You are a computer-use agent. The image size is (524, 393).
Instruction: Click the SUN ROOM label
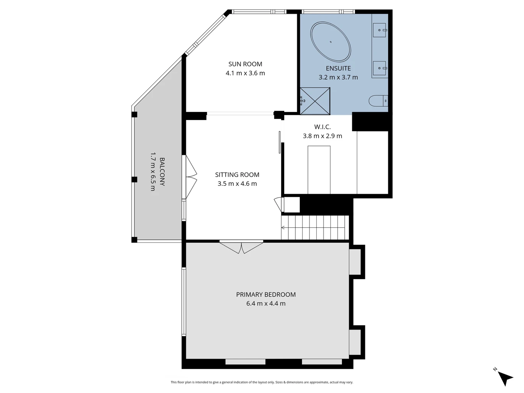point(245,64)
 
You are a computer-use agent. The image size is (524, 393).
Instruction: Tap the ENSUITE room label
point(338,68)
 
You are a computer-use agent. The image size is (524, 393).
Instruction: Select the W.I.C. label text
point(322,127)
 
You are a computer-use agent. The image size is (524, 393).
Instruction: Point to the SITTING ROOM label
point(237,175)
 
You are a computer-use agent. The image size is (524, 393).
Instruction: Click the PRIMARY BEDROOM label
point(266,294)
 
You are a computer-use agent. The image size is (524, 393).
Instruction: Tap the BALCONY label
point(162,172)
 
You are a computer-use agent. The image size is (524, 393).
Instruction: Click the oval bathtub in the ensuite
point(330,42)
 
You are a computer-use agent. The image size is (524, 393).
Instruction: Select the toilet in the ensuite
point(378,101)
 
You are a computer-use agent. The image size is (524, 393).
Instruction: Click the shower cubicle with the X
point(315,101)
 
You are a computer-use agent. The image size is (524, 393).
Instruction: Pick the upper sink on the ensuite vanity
point(379,30)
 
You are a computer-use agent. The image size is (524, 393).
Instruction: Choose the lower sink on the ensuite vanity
point(379,68)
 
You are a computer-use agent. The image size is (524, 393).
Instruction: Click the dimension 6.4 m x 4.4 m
point(266,304)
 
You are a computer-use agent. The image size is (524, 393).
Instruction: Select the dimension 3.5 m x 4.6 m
point(237,184)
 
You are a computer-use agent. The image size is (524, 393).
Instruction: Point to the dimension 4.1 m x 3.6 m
point(245,73)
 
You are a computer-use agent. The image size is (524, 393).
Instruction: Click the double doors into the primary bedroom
point(241,247)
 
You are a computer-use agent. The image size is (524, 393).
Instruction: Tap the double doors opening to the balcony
point(191,177)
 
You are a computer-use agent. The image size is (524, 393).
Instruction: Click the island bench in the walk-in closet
point(319,170)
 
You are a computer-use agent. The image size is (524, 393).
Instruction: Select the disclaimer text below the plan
point(262,382)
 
